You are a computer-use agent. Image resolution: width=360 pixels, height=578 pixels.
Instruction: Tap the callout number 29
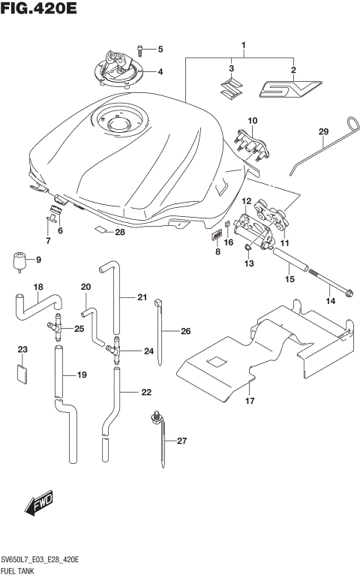click(323, 132)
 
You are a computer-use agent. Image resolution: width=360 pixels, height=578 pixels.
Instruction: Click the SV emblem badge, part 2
click(289, 89)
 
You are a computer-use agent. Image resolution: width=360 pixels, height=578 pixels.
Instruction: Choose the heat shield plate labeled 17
click(262, 353)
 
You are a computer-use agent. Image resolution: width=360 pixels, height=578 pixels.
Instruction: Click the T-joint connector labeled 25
click(55, 328)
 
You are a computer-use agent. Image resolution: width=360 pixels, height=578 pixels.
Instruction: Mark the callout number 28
click(119, 232)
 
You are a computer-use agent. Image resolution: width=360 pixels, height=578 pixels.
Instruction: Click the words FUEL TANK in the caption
click(22, 571)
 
